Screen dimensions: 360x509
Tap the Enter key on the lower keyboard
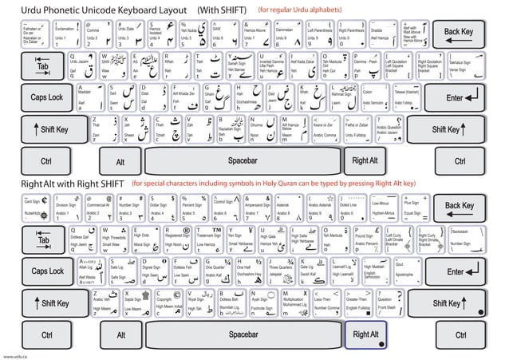click(455, 271)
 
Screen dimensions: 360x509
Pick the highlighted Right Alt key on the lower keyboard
click(366, 334)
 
